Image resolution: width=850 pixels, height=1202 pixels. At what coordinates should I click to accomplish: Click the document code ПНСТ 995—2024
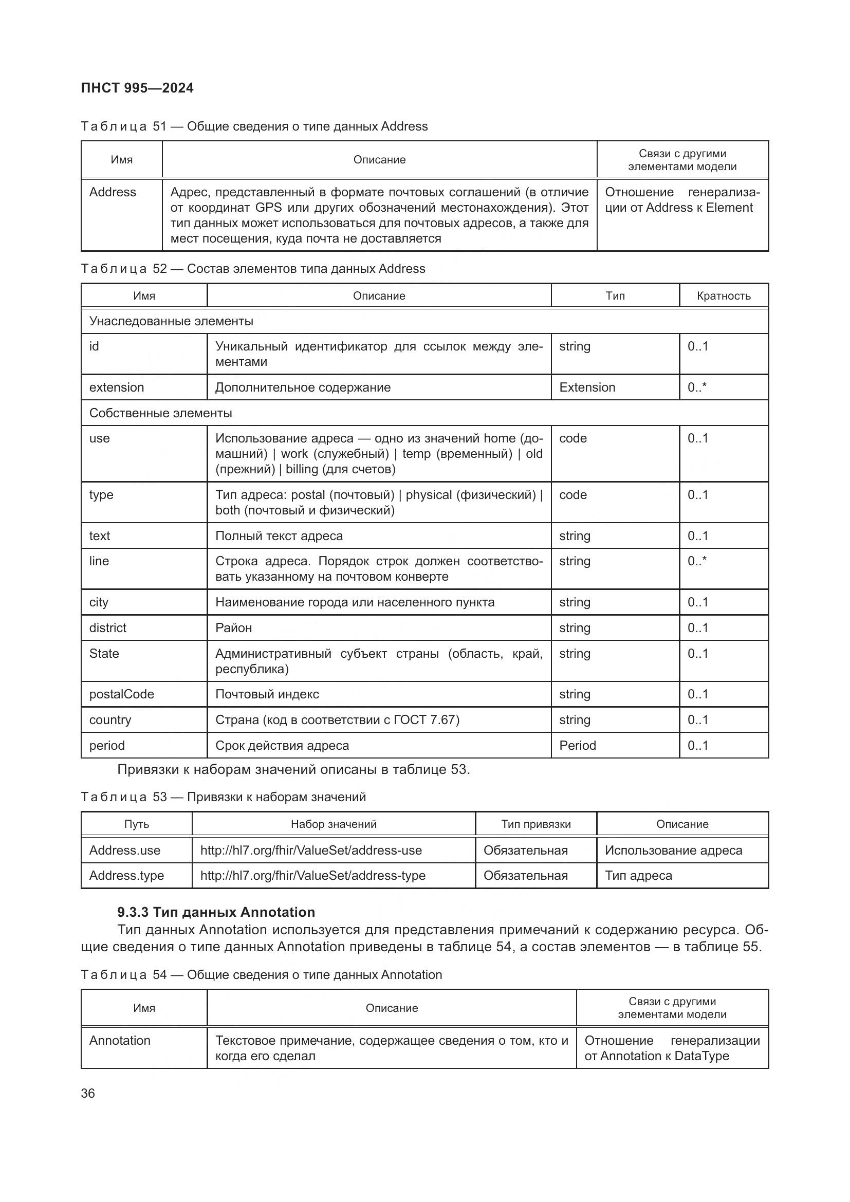137,88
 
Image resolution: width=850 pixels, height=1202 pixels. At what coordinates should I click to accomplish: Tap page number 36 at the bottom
88,1093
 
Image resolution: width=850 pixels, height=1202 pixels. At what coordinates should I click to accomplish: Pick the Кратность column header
724,296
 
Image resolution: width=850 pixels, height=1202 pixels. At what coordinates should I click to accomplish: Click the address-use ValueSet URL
311,850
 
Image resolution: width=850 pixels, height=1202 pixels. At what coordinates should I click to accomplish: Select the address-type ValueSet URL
312,875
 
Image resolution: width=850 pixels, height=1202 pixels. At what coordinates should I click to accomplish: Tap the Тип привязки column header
536,824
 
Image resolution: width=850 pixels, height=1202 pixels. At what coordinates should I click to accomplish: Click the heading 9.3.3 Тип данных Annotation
216,912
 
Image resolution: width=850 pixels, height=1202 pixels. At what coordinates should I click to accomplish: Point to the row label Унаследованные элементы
171,321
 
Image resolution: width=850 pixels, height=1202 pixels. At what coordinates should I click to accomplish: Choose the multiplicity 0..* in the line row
697,561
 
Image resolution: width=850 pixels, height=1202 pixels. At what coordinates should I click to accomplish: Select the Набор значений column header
334,824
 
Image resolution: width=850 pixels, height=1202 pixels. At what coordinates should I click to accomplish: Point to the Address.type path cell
126,875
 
